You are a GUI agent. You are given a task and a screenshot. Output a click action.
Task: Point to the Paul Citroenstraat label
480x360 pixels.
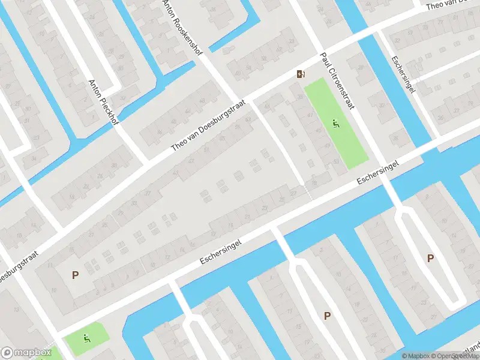tap(337, 80)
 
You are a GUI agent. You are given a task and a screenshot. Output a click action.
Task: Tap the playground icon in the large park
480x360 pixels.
tap(336, 125)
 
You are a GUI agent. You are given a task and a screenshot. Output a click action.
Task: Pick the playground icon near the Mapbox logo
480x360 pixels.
tap(86, 338)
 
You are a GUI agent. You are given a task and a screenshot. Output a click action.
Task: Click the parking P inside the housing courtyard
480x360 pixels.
tap(75, 275)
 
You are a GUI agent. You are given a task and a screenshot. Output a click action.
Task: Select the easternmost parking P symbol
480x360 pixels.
tap(430, 258)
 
